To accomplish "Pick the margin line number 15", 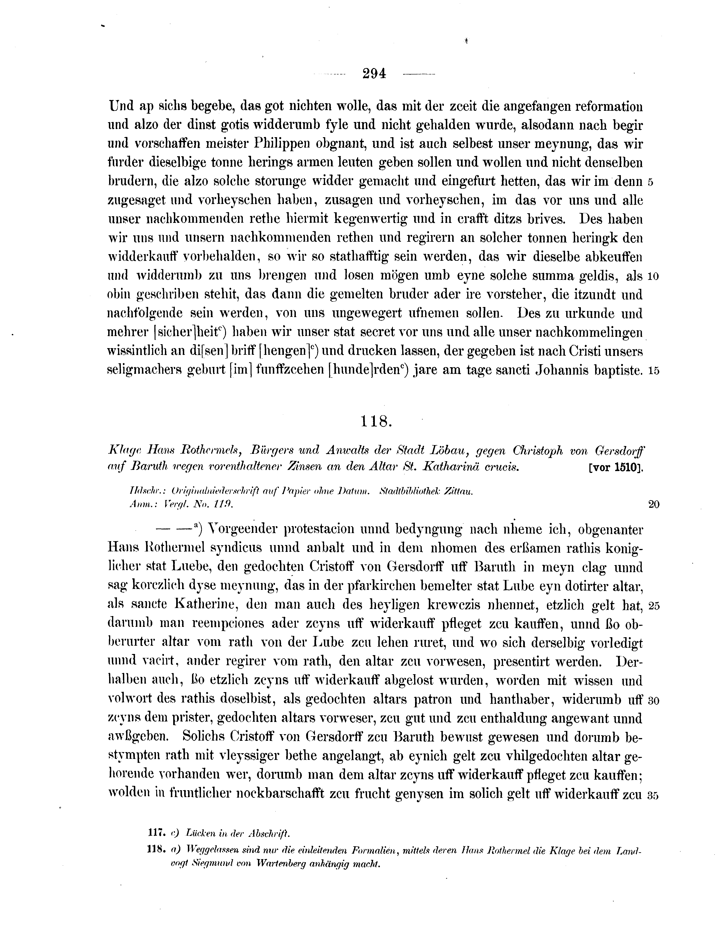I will point(653,371).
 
